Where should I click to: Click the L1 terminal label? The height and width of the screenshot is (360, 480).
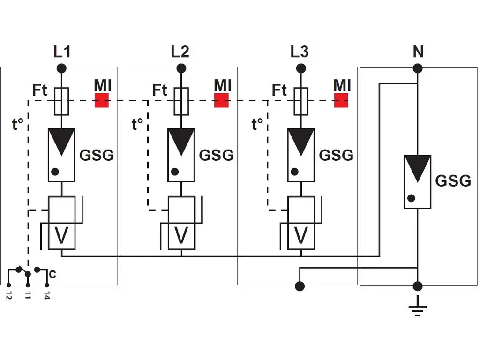tap(62, 52)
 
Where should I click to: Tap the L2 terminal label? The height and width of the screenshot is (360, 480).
tap(181, 52)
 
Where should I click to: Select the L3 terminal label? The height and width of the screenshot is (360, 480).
tap(300, 52)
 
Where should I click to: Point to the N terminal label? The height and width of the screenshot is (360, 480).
tap(418, 52)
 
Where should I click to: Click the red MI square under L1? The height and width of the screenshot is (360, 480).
tap(102, 100)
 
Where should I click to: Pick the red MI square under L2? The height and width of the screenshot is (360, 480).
tap(221, 100)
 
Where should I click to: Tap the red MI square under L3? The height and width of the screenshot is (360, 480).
tap(341, 100)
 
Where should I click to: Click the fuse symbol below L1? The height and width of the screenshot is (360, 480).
tap(62, 101)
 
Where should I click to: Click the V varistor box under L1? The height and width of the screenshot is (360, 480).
tap(62, 236)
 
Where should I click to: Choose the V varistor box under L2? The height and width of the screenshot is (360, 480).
tap(181, 236)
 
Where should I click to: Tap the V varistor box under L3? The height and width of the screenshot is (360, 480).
tap(301, 236)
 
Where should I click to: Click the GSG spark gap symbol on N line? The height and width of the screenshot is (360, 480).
tap(417, 182)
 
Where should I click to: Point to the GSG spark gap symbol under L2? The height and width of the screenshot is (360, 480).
tap(181, 155)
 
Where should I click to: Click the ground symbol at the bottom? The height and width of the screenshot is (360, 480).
tap(417, 310)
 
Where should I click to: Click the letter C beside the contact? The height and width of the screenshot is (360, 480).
tap(52, 275)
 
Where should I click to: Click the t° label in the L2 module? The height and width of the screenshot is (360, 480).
tap(137, 125)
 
